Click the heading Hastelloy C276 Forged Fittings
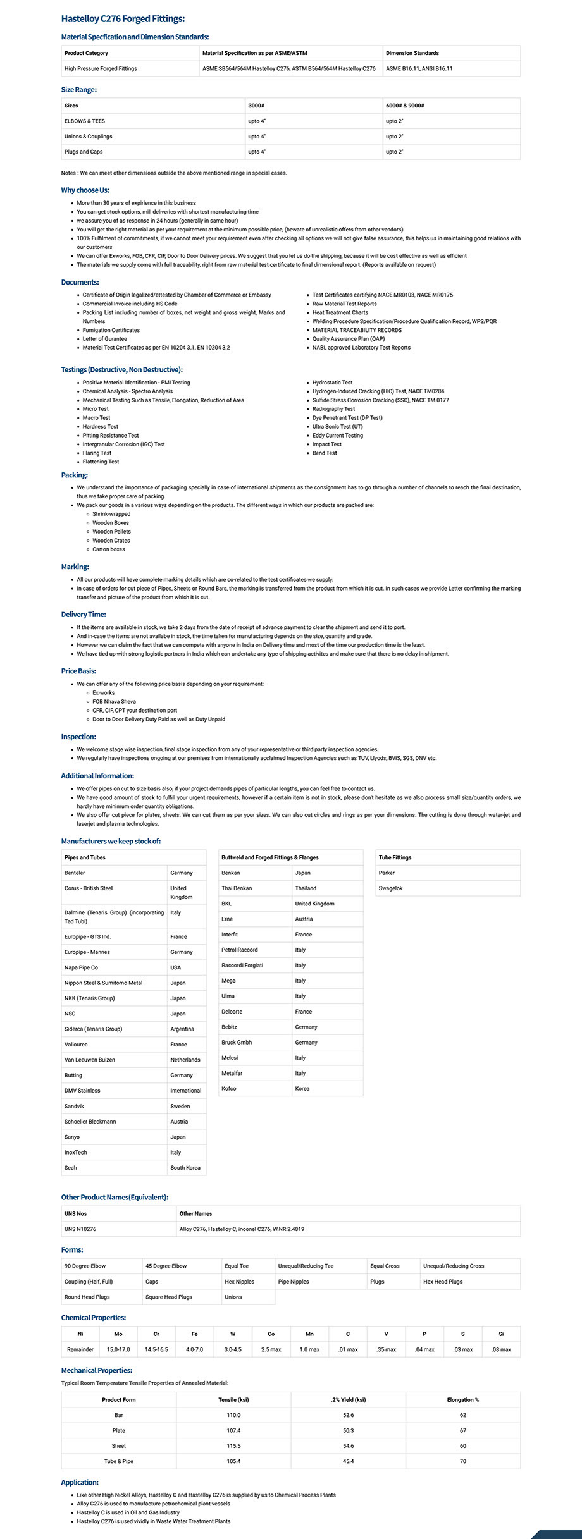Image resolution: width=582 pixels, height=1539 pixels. (x=123, y=20)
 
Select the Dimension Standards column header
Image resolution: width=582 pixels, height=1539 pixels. (x=412, y=53)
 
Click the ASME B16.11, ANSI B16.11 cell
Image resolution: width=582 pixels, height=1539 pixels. (x=419, y=68)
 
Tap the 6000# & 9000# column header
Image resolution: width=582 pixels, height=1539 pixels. (x=405, y=106)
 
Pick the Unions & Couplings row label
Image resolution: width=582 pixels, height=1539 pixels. (x=88, y=137)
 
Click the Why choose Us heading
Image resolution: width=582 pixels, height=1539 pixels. (x=85, y=190)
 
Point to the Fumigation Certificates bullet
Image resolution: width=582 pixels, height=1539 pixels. (x=111, y=330)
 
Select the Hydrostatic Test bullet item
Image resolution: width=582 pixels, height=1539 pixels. (x=332, y=383)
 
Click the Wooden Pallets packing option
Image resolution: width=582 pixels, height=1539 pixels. (x=111, y=532)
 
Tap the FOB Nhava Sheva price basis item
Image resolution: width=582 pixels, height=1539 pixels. (x=114, y=702)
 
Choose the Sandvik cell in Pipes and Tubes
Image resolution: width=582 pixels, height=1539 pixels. (x=74, y=1106)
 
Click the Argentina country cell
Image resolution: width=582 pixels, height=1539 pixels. (x=182, y=1029)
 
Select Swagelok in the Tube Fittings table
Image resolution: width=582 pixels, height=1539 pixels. (x=390, y=888)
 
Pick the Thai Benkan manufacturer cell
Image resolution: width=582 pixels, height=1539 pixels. (x=237, y=888)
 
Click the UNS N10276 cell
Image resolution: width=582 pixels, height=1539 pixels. (x=80, y=1229)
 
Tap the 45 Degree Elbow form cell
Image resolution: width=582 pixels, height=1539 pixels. (x=166, y=1266)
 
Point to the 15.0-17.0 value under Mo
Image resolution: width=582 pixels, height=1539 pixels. (x=118, y=1349)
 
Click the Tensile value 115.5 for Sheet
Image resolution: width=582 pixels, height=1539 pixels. (x=233, y=1446)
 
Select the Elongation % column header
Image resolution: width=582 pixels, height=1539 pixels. (x=462, y=1400)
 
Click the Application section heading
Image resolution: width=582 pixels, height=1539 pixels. (x=80, y=1482)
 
